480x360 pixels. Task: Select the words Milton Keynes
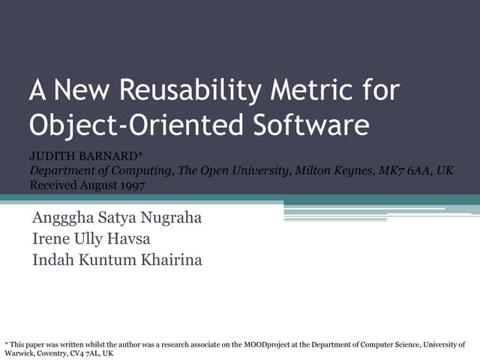(x=337, y=171)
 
